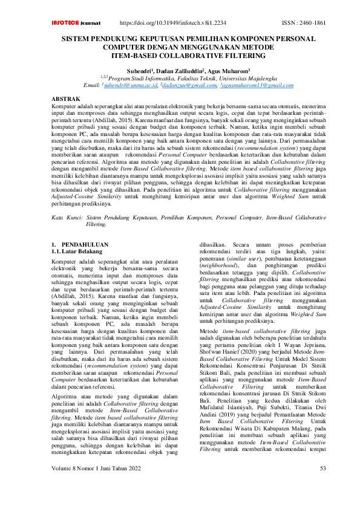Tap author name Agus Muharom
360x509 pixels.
click(x=229, y=71)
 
